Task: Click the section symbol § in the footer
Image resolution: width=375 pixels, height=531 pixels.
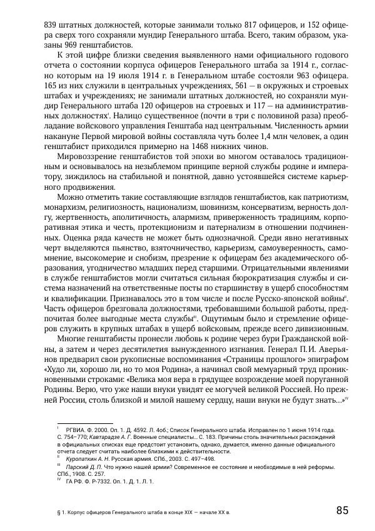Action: (57, 513)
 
